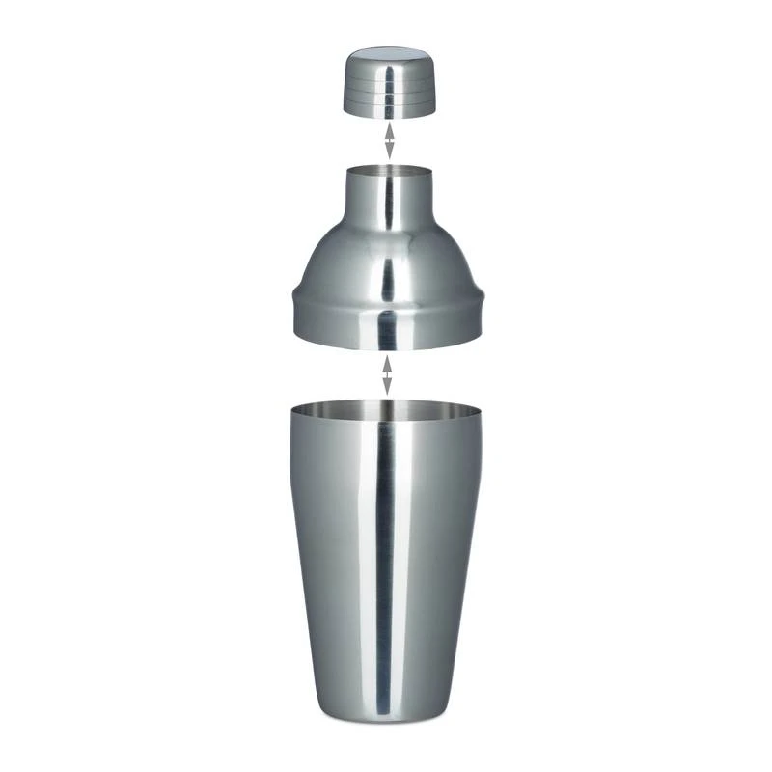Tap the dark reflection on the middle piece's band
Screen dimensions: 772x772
click(387, 328)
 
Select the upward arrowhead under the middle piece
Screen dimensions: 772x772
click(387, 360)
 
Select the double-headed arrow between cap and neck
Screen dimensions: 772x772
click(388, 140)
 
